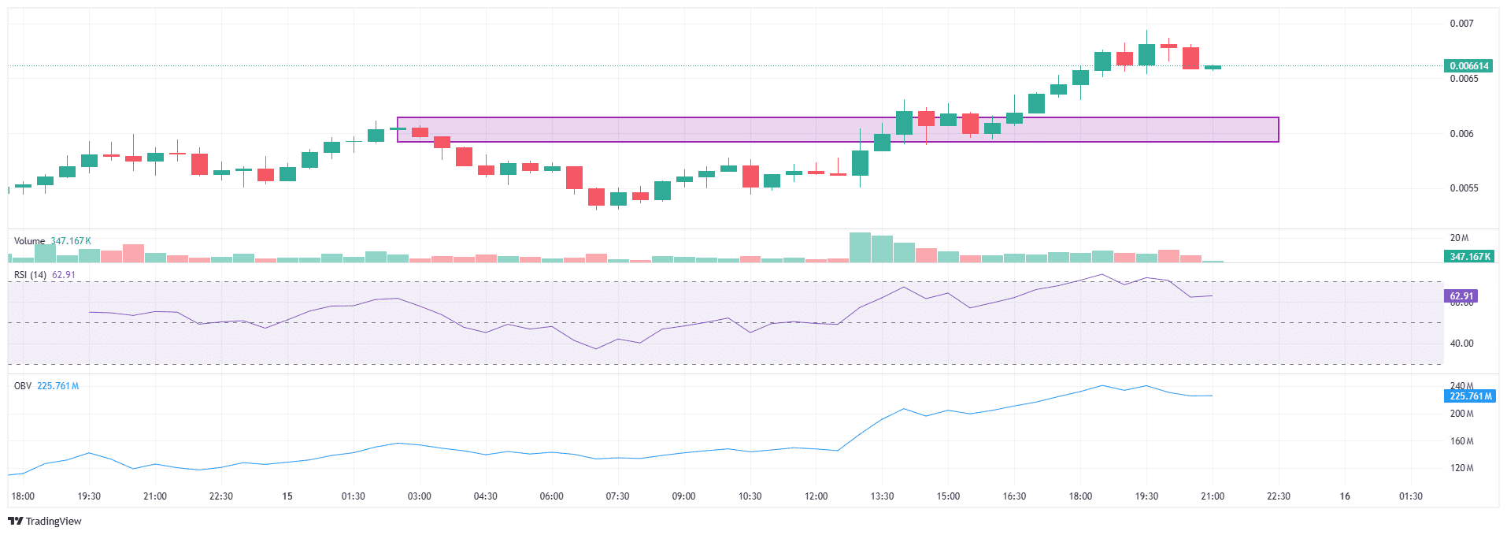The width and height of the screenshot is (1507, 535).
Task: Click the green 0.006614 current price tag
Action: [x=1468, y=65]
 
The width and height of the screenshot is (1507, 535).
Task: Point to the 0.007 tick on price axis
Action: [x=1461, y=24]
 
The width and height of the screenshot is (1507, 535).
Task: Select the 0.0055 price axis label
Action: [x=1464, y=188]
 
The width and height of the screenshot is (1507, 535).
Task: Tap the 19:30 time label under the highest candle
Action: [x=1146, y=496]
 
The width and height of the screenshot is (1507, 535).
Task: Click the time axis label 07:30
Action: [x=617, y=496]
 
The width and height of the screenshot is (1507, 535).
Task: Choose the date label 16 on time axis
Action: [x=1345, y=496]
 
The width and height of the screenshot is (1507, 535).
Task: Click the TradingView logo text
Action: [x=53, y=522]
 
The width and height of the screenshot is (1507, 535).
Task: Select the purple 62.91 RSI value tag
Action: [x=1461, y=296]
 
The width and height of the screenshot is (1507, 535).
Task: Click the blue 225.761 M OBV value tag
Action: [x=1471, y=396]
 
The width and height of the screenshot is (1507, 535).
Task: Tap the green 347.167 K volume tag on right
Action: [x=1468, y=257]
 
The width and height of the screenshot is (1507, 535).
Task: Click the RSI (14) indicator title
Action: [x=31, y=275]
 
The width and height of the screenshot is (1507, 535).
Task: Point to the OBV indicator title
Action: [x=23, y=386]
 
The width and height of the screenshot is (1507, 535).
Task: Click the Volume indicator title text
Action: [x=29, y=241]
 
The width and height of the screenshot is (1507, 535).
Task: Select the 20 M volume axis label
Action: [x=1459, y=238]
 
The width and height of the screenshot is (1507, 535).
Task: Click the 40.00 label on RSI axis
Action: [x=1461, y=344]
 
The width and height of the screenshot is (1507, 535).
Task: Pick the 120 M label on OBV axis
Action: [x=1461, y=468]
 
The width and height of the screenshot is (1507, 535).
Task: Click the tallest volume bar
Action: [x=860, y=247]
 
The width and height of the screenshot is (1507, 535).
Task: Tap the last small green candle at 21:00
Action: [x=1213, y=68]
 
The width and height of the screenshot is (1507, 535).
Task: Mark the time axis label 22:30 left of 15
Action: [x=221, y=496]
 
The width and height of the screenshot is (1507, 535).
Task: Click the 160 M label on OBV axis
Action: [x=1461, y=441]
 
